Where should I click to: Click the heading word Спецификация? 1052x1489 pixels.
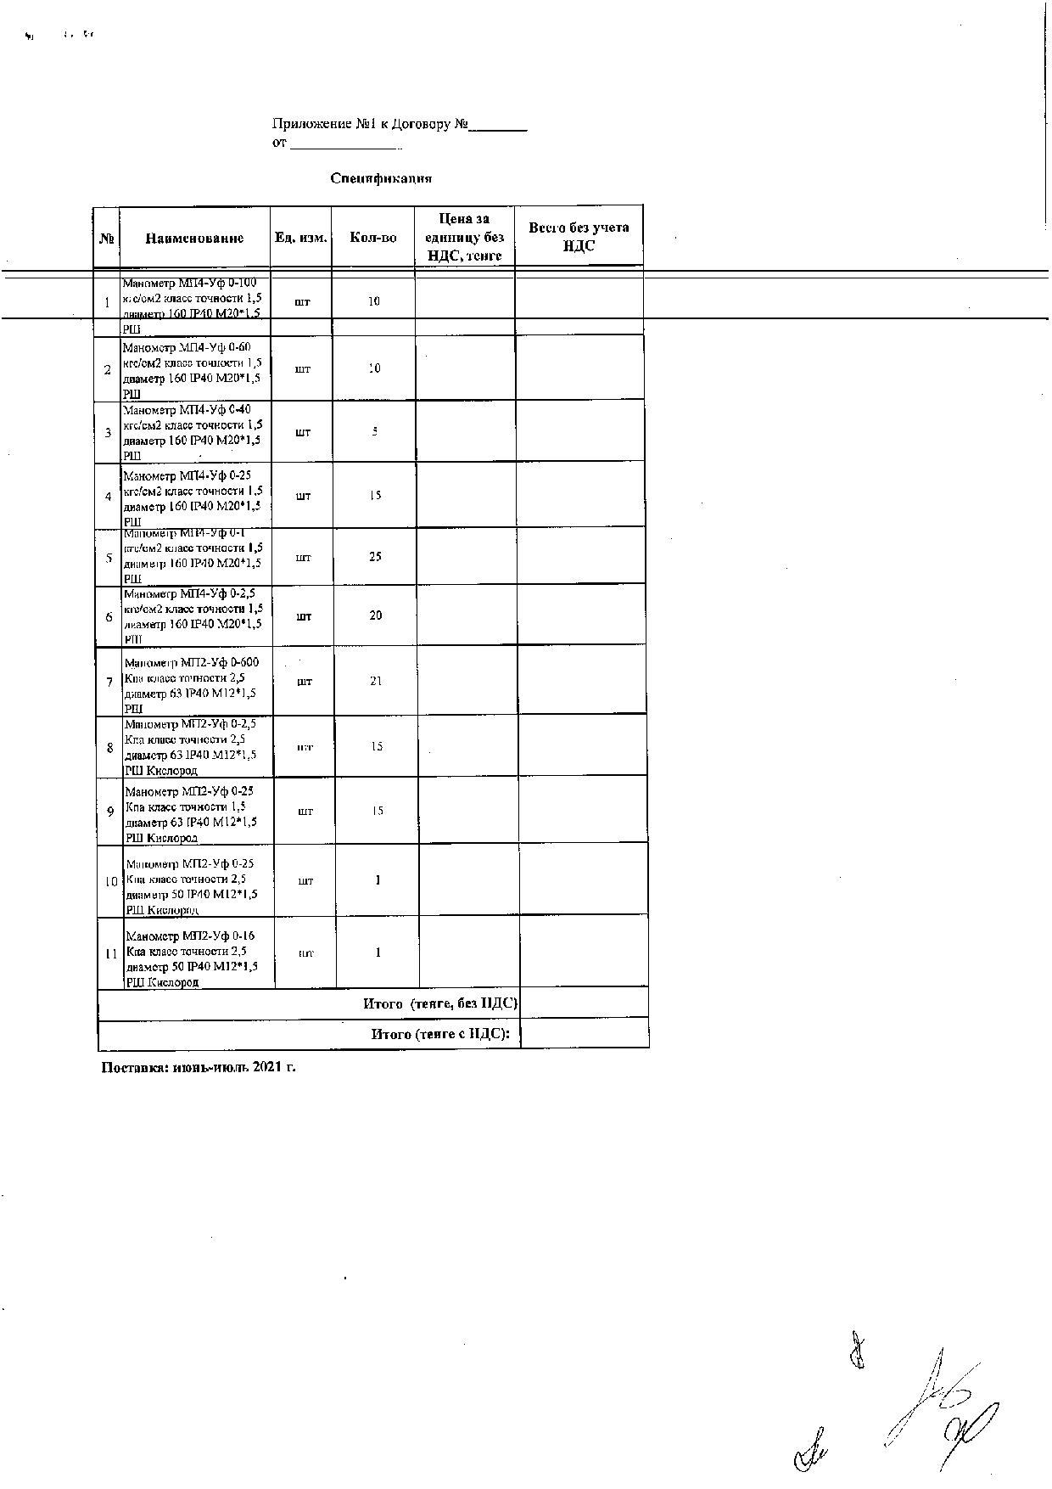click(381, 178)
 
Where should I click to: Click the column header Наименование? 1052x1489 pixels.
click(194, 239)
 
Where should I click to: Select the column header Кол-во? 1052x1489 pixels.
click(373, 238)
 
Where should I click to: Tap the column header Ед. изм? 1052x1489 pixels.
click(300, 238)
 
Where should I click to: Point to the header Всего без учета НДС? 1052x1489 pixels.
click(579, 237)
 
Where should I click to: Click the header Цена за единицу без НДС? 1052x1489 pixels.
click(465, 237)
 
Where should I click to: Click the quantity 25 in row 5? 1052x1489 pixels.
click(375, 557)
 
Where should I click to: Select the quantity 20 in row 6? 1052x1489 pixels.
click(375, 615)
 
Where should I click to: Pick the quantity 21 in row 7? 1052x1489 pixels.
click(376, 681)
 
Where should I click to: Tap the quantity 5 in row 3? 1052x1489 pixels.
click(374, 431)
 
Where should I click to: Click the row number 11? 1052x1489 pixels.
click(111, 953)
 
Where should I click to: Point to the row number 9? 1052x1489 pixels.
click(110, 812)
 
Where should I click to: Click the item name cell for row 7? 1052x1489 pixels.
click(193, 685)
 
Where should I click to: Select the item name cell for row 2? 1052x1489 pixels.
click(192, 370)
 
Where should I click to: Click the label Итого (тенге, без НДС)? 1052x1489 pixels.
click(440, 1003)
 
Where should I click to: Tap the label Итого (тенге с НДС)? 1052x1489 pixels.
click(441, 1034)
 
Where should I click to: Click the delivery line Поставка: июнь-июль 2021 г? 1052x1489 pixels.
click(199, 1067)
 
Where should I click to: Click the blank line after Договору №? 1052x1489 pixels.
click(499, 126)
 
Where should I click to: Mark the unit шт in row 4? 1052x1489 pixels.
click(303, 496)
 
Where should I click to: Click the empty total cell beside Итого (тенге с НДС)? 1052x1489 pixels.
click(585, 1034)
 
